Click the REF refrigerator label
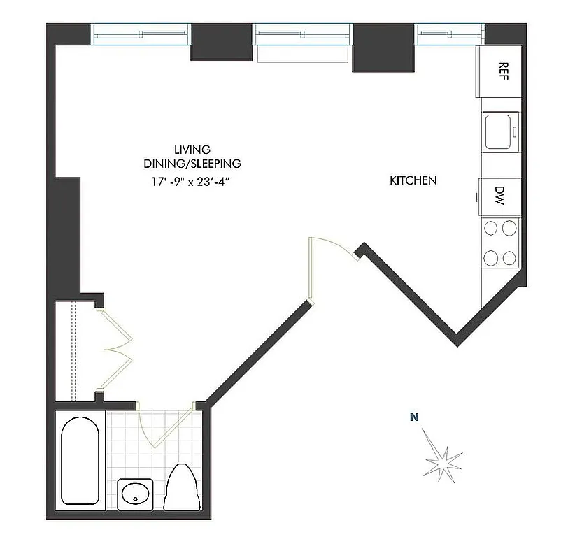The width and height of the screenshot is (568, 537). pos(502,69)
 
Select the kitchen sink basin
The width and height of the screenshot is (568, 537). pos(500,131)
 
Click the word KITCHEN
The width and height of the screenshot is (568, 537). pos(413,180)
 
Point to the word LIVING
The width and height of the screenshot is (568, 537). pos(192,150)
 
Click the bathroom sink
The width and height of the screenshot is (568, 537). pos(136,496)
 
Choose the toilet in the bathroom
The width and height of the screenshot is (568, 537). pos(181,487)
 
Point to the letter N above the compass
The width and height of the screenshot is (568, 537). pos(414,418)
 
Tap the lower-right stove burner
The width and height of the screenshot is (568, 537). pos(510,257)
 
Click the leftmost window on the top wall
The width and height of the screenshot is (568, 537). pos(141,33)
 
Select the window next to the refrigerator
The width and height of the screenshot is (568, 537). pos(449,33)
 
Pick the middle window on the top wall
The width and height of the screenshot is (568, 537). pos(302,33)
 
